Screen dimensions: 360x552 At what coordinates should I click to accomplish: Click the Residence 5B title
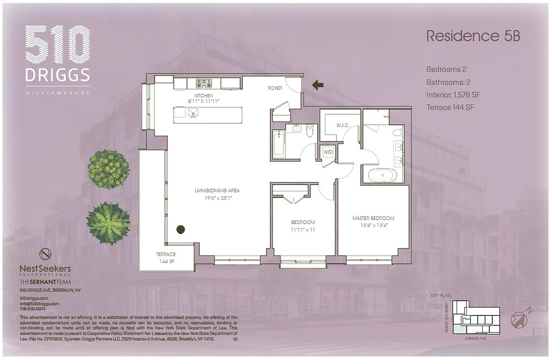point(473,36)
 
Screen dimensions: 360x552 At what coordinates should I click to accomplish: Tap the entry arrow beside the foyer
point(318,84)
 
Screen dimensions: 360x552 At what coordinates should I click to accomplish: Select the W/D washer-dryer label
point(328,152)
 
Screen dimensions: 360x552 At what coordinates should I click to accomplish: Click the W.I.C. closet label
point(343,125)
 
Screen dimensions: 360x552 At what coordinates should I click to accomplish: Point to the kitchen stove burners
point(204,83)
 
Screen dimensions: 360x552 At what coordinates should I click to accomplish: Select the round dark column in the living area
point(180,229)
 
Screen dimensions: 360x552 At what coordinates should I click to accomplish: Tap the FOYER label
point(275,88)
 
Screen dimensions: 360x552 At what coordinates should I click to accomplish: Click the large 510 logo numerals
point(58,45)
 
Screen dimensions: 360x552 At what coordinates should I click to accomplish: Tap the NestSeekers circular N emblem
point(45,254)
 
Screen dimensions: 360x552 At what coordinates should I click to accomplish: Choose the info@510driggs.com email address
point(40,304)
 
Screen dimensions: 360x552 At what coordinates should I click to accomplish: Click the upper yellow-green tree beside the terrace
point(109,170)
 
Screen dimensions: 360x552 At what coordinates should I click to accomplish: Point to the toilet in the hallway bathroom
point(310,130)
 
